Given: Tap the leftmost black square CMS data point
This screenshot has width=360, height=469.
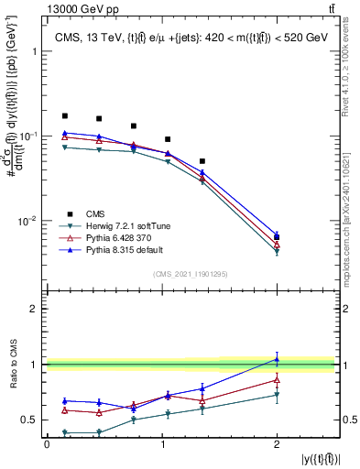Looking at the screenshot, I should tap(64, 116).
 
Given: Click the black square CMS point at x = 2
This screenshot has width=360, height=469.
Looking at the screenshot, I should tap(277, 237).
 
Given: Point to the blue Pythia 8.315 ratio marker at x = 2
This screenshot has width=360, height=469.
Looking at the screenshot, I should tap(277, 358).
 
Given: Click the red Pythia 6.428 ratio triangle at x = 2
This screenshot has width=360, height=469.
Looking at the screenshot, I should tap(277, 379).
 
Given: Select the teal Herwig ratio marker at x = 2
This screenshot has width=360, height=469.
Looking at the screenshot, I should tap(277, 395).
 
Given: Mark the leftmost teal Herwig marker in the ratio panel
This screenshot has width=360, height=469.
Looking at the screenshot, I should tap(64, 432).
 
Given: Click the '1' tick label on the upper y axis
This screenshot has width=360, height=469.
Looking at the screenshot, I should tap(34, 51).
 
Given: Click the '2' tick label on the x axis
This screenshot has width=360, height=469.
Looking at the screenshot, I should tap(277, 444).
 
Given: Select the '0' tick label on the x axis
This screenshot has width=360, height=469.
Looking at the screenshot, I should tap(47, 444).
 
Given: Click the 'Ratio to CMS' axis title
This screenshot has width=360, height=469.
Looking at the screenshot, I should tap(12, 364).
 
